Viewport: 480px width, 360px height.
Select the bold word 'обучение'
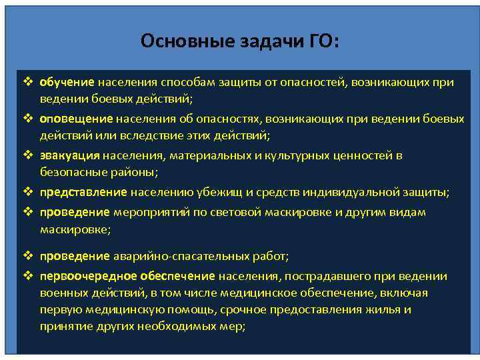tap(67, 83)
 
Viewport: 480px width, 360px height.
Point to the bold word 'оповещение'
tap(76, 119)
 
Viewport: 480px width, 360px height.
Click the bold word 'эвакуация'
tap(69, 155)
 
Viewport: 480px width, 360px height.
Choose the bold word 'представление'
tap(83, 192)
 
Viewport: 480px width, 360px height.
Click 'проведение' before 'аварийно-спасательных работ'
tap(74, 256)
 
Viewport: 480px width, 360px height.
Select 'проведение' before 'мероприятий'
tap(74, 212)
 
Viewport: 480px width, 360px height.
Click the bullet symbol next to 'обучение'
tap(28, 83)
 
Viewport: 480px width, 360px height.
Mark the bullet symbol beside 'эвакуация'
tap(28, 155)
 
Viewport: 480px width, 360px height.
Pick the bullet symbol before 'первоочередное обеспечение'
tap(28, 276)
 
